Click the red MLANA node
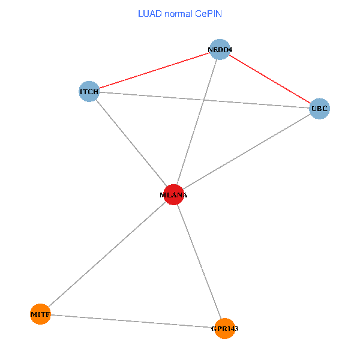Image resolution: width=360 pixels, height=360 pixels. pos(173,194)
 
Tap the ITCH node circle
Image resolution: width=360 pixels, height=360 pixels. pos(89,91)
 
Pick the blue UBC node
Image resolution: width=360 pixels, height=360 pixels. pos(319,109)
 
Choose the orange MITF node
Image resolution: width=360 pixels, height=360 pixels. pos(40,314)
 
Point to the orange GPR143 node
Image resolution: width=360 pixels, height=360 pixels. pos(224,328)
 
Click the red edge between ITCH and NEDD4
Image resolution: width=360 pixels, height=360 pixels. pos(154,71)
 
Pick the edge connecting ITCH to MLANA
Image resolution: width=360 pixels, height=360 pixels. pos(131,143)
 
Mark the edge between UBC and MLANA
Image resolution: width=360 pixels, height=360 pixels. pos(246,152)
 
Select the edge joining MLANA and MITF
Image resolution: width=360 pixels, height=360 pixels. pos(107,254)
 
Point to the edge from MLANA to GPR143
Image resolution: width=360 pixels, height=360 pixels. pos(199,261)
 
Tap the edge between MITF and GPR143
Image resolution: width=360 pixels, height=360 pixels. pos(132,321)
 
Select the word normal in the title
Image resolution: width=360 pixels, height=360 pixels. pos(177,13)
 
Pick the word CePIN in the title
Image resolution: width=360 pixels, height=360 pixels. pos(208,13)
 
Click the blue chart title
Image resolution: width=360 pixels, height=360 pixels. pos(180,13)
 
